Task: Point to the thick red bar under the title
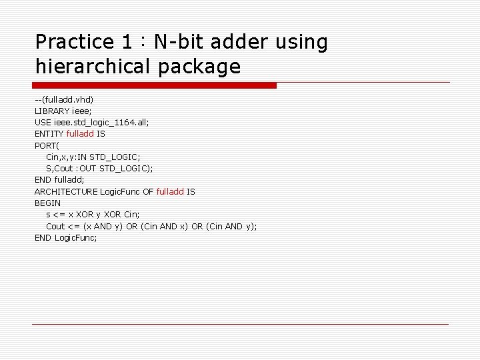[x=155, y=85]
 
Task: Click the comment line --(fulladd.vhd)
[x=65, y=99]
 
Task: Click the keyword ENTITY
[x=49, y=134]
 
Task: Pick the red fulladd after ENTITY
[x=80, y=134]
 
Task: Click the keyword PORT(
[x=47, y=145]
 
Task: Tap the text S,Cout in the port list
[x=60, y=169]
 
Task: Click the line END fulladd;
[x=59, y=180]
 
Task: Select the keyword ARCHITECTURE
[x=66, y=191]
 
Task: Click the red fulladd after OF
[x=170, y=191]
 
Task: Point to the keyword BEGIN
[x=47, y=203]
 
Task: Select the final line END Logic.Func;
[x=66, y=238]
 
